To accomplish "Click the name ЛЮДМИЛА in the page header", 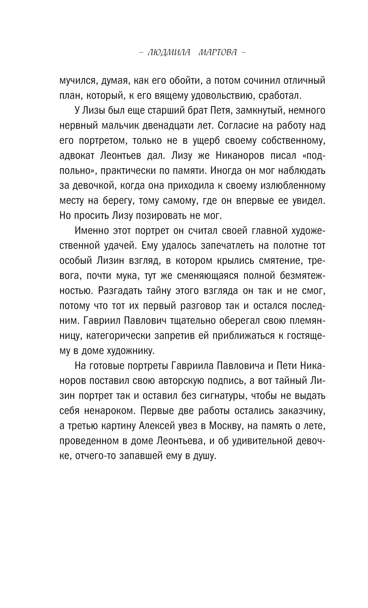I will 169,53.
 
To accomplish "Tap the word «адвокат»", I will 78,155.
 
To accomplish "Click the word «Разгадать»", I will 119,291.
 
